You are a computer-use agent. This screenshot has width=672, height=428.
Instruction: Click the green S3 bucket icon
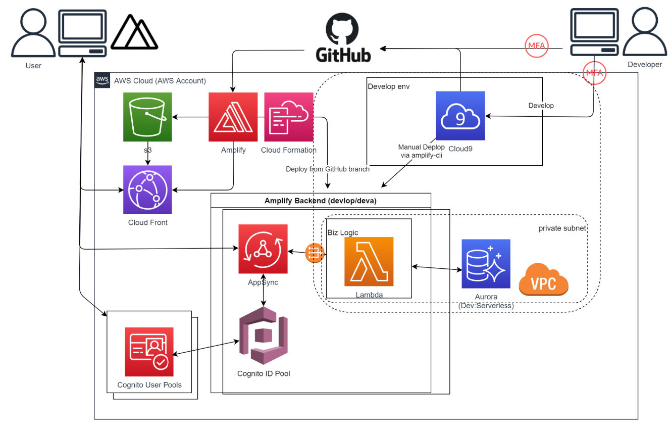147,117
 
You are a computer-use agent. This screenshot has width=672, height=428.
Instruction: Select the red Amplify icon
233,117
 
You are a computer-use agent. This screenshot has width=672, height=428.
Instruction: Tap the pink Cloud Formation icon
288,117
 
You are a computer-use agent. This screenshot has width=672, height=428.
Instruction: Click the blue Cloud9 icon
460,116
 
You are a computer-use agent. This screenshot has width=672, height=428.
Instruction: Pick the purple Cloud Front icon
147,189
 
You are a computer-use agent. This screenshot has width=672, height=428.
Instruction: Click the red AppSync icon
263,249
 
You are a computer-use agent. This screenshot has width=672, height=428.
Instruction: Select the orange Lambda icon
369,261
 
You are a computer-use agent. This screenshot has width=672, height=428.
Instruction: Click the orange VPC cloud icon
543,279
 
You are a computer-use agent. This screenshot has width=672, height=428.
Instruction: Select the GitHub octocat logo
343,29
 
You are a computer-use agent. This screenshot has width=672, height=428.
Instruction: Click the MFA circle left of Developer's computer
536,45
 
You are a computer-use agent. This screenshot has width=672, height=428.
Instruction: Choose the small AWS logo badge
102,80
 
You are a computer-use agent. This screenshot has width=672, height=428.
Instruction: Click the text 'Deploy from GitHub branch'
328,169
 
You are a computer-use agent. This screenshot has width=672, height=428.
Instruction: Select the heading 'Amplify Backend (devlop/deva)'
321,201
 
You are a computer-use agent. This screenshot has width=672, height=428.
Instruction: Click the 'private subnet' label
562,228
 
